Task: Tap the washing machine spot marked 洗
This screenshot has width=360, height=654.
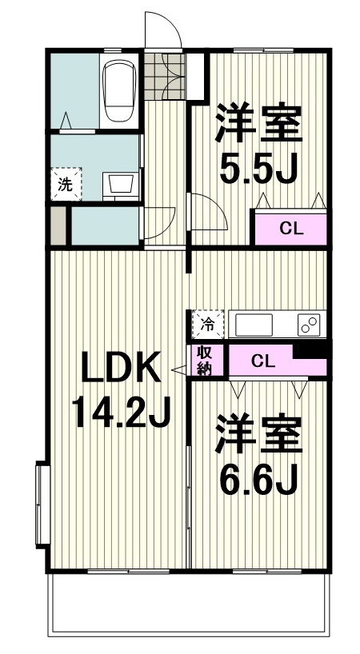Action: coord(66,184)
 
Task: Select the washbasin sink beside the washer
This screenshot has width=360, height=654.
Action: coord(121,184)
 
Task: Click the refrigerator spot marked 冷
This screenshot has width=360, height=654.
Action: coord(207,324)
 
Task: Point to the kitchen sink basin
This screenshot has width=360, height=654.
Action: coord(254,325)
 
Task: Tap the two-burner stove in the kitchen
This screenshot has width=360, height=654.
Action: coord(309,325)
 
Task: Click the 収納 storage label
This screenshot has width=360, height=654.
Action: coord(206,361)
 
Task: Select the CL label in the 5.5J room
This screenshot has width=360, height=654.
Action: coord(290,229)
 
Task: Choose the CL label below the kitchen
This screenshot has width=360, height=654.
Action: coord(263,361)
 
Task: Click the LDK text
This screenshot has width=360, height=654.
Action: coord(121,367)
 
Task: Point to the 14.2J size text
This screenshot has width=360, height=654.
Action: coord(122,412)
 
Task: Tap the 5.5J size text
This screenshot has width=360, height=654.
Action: coord(258,168)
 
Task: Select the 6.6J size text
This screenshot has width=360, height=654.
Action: coord(258,478)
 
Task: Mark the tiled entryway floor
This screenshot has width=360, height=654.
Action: coord(164,76)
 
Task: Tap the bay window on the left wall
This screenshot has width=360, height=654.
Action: coord(42,504)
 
